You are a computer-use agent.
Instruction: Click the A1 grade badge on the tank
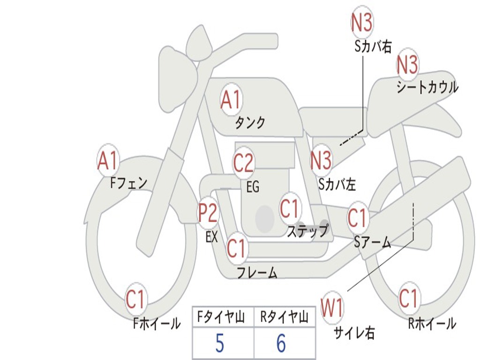(230, 100)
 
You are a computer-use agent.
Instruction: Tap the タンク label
(250, 123)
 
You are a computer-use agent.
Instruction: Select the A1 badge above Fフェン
(108, 161)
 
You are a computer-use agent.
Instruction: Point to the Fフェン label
(129, 182)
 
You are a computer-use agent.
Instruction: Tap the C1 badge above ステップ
(289, 209)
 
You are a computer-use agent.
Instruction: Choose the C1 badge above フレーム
(236, 248)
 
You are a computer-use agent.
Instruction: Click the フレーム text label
(257, 272)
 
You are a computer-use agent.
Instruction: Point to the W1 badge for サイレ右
(332, 308)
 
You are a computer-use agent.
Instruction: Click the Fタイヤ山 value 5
(219, 344)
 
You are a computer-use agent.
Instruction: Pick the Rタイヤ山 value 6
(281, 344)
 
